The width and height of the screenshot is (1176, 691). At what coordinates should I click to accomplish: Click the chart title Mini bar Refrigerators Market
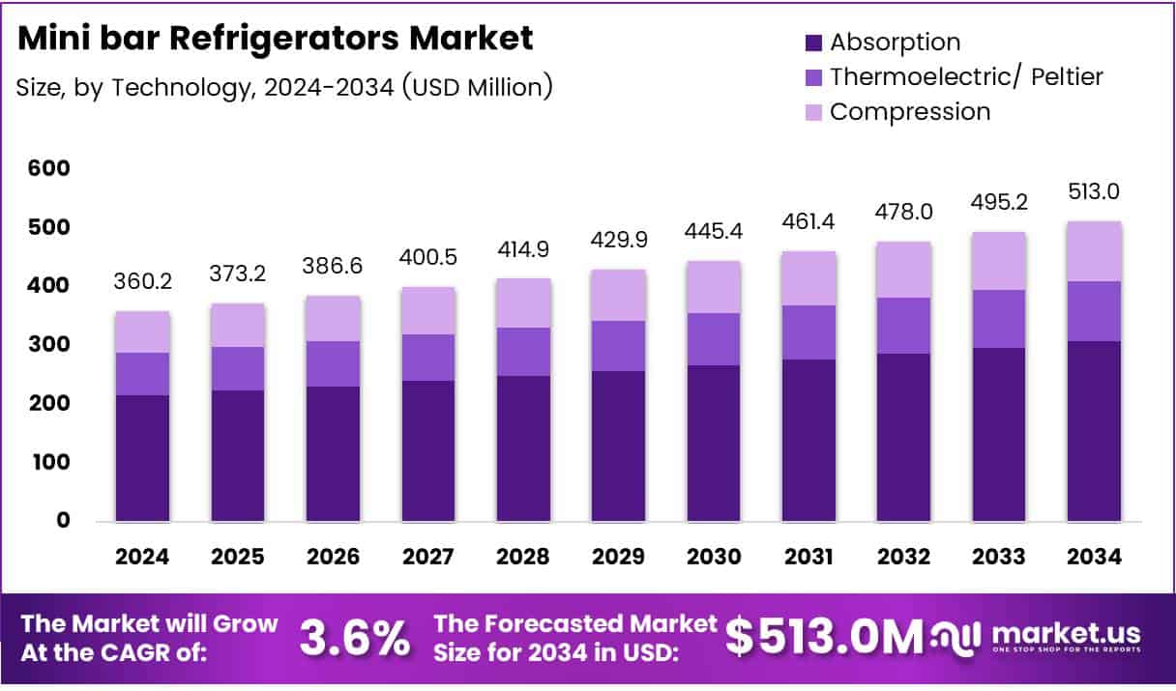[275, 39]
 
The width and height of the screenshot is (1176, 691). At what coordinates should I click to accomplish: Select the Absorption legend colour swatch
[813, 43]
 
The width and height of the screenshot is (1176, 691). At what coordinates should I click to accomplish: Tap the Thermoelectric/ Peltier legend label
[966, 76]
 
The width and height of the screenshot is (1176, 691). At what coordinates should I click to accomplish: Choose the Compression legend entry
[910, 111]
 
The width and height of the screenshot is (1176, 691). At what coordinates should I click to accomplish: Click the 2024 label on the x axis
[142, 558]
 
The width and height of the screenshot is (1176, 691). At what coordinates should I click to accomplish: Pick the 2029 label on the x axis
[618, 558]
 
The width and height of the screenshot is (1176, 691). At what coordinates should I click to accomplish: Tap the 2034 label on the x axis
[1095, 558]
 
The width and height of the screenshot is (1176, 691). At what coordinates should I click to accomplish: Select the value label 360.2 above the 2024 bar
[142, 283]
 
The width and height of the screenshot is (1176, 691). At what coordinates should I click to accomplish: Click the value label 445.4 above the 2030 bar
[714, 233]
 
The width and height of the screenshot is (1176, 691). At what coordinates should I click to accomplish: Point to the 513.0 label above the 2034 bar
[1095, 192]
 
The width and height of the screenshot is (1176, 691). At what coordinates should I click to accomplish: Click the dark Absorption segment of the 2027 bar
[427, 450]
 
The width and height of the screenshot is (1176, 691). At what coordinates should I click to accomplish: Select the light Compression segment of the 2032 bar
[904, 270]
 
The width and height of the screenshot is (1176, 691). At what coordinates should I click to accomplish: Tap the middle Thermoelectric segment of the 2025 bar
[237, 368]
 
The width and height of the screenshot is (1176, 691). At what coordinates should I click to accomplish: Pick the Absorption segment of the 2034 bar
[1095, 431]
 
